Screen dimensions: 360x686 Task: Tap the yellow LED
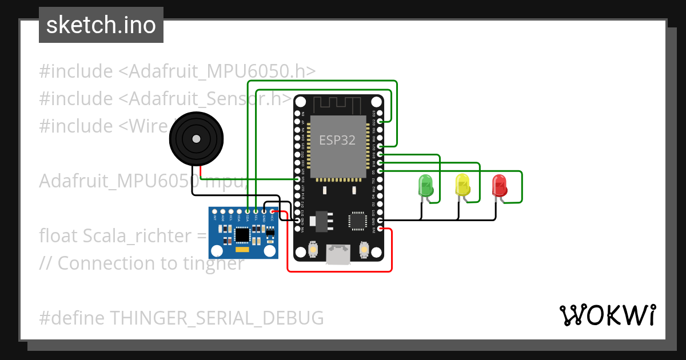462,185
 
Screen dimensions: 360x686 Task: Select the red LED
500,185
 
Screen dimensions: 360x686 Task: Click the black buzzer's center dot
196,139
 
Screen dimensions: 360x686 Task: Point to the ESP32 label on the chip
337,140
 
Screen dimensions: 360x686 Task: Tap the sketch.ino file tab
101,25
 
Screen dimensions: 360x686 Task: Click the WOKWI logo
607,315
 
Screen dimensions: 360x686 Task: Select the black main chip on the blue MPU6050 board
242,234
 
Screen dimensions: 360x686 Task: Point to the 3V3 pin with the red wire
380,229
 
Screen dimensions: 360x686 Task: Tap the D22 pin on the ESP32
380,122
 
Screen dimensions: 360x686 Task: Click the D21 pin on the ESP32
380,146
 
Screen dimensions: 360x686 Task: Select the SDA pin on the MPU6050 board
248,211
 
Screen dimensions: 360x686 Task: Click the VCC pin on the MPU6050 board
272,211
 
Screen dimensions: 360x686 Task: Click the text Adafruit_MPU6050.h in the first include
222,71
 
